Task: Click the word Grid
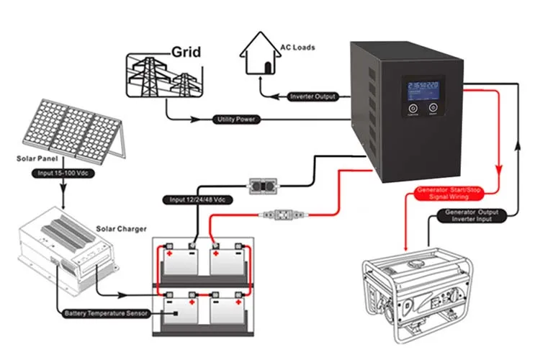(185, 53)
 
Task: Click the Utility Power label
(237, 118)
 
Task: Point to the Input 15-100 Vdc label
(65, 174)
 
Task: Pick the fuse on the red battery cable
(284, 214)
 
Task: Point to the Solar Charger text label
(121, 229)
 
